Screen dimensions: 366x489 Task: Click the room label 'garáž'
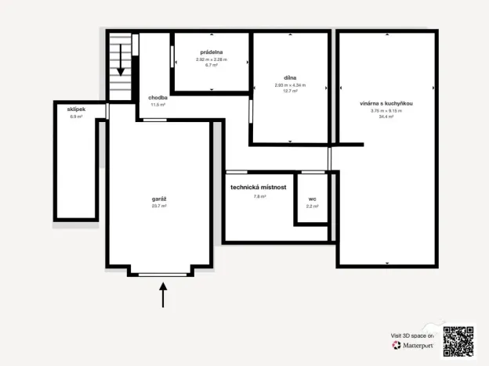tap(158, 199)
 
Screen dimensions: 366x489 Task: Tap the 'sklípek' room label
tap(76, 110)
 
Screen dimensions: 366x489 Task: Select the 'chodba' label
tap(158, 97)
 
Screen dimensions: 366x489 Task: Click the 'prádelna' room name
tap(211, 52)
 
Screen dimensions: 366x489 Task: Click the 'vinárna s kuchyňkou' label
tap(386, 103)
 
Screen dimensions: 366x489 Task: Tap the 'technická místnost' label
tap(258, 188)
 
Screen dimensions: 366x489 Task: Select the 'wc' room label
tap(312, 199)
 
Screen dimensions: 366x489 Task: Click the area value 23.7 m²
tap(158, 206)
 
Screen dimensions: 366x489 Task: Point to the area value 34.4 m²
tap(386, 117)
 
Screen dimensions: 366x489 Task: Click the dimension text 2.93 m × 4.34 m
tap(290, 85)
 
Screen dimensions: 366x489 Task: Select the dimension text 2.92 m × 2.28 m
tap(211, 59)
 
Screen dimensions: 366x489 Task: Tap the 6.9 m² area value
tap(76, 117)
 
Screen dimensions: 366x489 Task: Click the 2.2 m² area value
tap(312, 206)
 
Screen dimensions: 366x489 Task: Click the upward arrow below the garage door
tap(163, 295)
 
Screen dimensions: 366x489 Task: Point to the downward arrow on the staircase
tap(121, 60)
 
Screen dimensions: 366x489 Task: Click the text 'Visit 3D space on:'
tap(412, 335)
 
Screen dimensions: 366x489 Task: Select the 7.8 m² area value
tap(259, 196)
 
